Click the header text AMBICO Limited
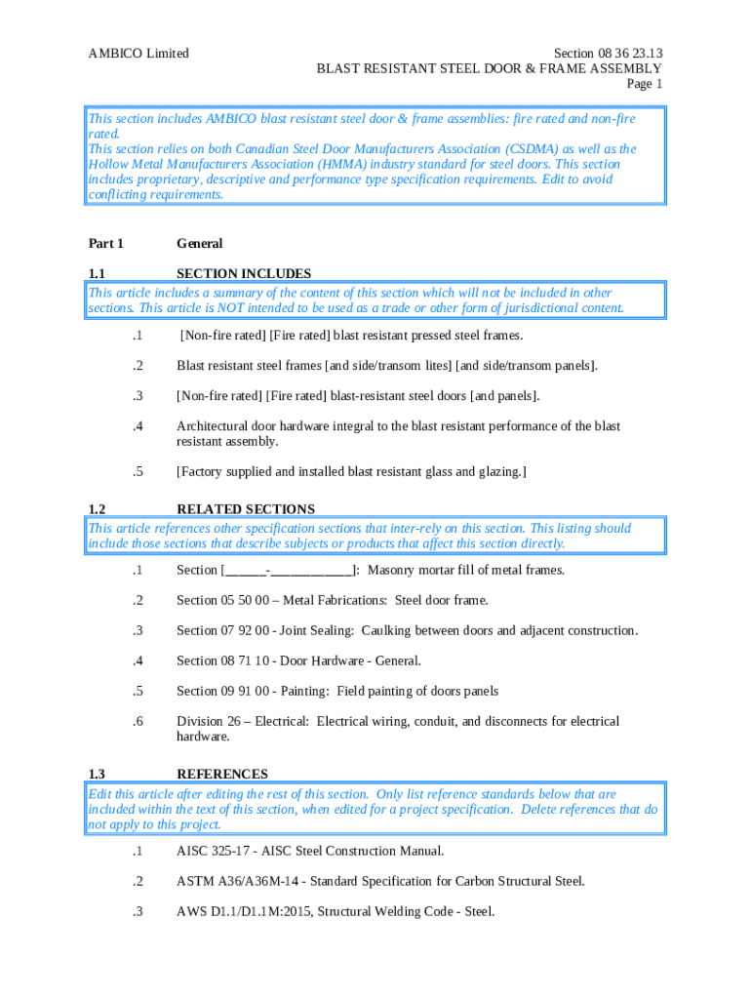point(138,54)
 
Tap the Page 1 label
point(645,84)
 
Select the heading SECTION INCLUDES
point(244,274)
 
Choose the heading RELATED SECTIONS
point(246,509)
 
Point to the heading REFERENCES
point(222,775)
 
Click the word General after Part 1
point(200,244)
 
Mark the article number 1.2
point(97,509)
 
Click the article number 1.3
point(97,775)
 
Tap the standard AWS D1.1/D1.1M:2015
point(248,912)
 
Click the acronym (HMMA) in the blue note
point(353,165)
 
